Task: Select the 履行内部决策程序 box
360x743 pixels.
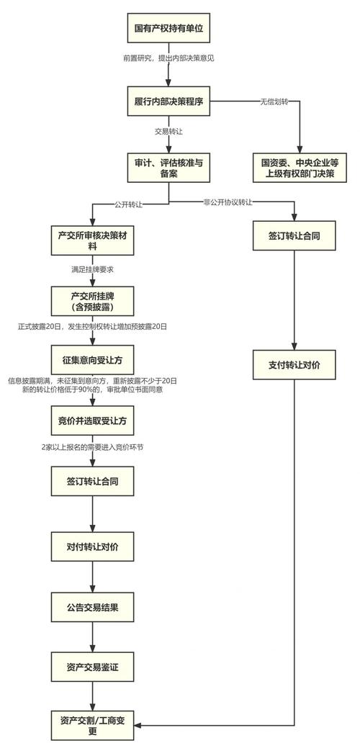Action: [168, 102]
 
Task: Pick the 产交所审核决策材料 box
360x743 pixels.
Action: [93, 240]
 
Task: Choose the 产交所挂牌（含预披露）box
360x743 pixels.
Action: [93, 300]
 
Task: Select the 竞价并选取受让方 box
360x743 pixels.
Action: [93, 420]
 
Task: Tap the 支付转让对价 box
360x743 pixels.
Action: [294, 365]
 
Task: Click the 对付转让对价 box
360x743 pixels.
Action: [93, 548]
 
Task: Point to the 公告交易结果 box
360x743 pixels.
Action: [93, 608]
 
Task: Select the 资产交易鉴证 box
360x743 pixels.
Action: [93, 667]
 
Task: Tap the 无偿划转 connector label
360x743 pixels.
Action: [274, 103]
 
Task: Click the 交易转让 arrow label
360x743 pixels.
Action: [168, 132]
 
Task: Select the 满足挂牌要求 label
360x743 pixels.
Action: [93, 269]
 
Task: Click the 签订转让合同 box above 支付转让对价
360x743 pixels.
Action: [294, 235]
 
